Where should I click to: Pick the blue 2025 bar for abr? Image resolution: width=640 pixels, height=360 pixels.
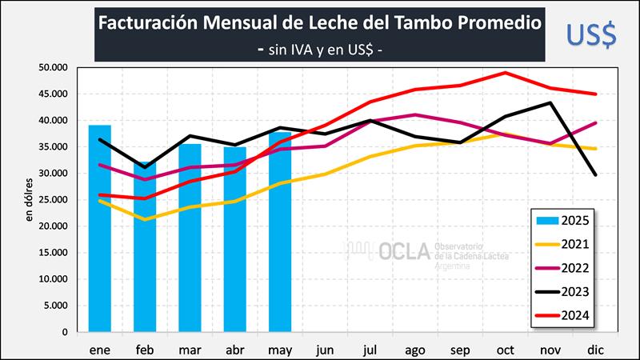click(x=235, y=239)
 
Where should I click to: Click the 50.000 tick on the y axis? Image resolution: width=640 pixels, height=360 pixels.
click(x=54, y=68)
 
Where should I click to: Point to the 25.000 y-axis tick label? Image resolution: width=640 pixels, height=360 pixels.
click(x=54, y=200)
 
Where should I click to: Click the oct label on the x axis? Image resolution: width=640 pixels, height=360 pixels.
click(x=506, y=349)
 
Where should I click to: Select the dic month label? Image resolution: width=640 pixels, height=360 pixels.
click(x=596, y=349)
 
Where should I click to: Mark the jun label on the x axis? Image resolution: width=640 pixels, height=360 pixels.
click(x=325, y=349)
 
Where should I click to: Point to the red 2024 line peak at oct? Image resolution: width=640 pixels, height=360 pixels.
click(x=506, y=73)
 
